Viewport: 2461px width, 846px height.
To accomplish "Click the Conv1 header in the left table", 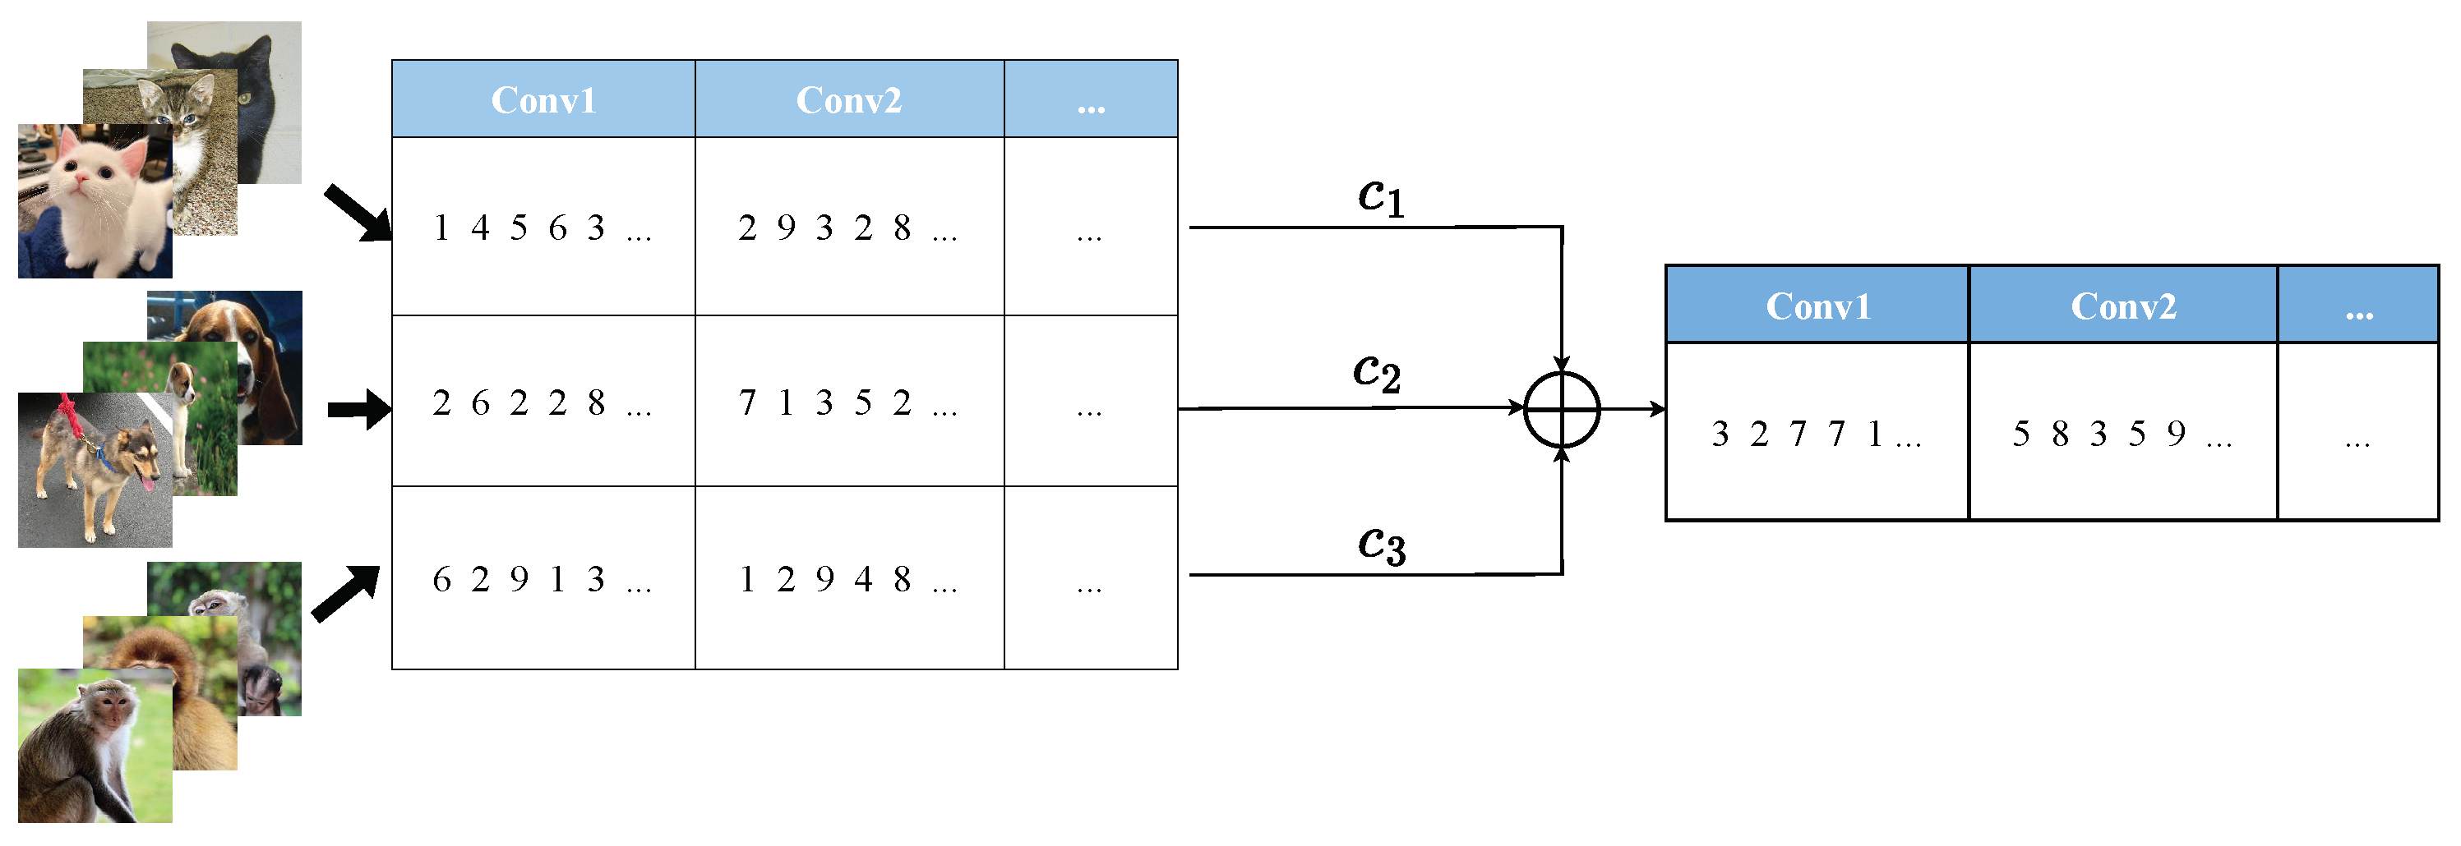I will [x=543, y=99].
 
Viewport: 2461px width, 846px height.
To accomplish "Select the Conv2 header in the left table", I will [x=848, y=99].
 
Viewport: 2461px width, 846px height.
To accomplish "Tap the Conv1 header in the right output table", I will [x=1817, y=306].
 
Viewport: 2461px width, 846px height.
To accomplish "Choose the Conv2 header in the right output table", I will [x=2123, y=306].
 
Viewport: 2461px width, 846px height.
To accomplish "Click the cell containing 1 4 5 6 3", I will [x=543, y=228].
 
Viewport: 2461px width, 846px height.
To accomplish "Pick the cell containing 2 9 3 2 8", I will [x=848, y=228].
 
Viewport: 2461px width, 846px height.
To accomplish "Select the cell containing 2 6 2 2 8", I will [x=543, y=402].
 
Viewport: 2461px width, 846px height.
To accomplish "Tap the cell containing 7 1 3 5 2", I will [x=848, y=402].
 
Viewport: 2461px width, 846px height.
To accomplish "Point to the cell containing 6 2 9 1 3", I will [x=543, y=578].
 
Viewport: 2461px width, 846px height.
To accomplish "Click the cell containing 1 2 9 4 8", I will [x=848, y=578].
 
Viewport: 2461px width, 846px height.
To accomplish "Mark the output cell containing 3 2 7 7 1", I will [x=1817, y=434].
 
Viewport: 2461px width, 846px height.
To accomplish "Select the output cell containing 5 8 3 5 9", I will [x=2123, y=434].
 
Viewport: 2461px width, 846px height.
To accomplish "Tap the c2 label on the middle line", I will [x=1377, y=372].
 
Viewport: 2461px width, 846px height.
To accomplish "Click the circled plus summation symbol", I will [x=1561, y=410].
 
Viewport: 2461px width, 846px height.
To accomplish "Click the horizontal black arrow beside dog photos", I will [x=358, y=410].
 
